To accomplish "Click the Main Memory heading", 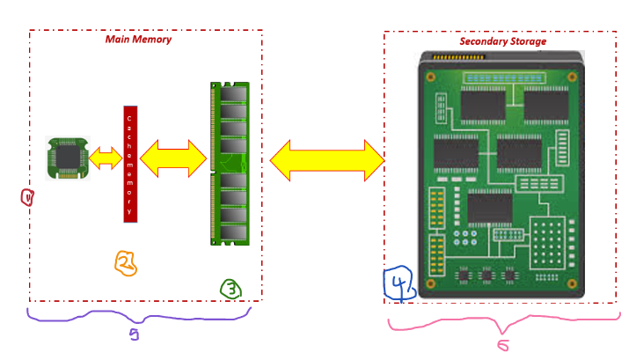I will [x=138, y=40].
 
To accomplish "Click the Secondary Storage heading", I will [x=502, y=41].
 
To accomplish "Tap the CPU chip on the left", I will [x=67, y=158].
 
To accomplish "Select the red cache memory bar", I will [x=129, y=164].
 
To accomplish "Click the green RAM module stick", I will [x=230, y=164].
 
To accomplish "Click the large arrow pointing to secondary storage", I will [x=327, y=161].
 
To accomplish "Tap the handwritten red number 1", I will [x=27, y=198].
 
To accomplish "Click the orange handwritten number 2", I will [x=126, y=262].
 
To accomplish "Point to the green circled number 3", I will [x=230, y=288].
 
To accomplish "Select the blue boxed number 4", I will [x=398, y=283].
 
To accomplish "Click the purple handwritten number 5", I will [x=134, y=334].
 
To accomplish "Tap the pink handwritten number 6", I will [x=501, y=344].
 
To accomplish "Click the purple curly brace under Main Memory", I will [x=138, y=316].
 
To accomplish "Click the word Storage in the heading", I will [x=525, y=41].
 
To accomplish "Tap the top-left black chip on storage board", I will [x=481, y=102].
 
